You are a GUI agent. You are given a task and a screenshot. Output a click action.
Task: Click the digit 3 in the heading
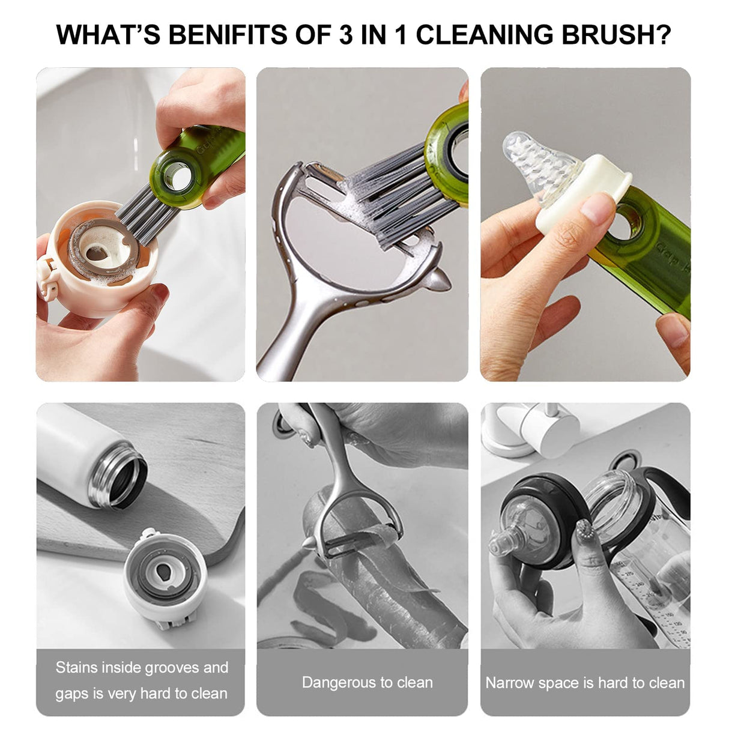345,34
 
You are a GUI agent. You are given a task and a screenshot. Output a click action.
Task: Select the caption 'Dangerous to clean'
367,682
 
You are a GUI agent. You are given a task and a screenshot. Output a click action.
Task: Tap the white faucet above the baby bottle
528,426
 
